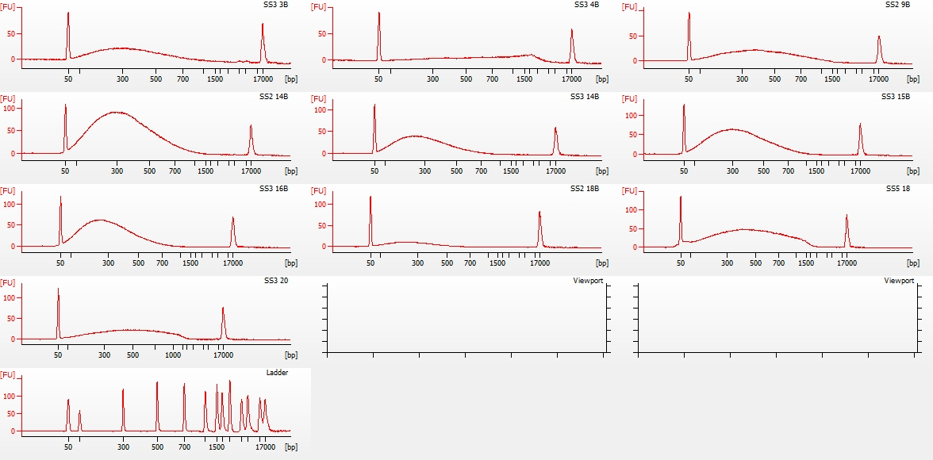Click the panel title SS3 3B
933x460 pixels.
pos(278,5)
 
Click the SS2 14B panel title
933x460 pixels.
pos(275,97)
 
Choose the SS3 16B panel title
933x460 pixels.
pos(275,189)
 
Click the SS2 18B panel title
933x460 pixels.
pos(586,189)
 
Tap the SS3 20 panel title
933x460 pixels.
pos(278,281)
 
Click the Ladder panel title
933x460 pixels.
pos(278,373)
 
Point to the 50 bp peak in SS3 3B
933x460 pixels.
pos(68,13)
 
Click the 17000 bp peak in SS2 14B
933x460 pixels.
pos(251,126)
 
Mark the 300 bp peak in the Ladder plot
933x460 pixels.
pos(123,389)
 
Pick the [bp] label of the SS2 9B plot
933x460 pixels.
pos(914,79)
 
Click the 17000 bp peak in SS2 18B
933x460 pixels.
pos(539,213)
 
